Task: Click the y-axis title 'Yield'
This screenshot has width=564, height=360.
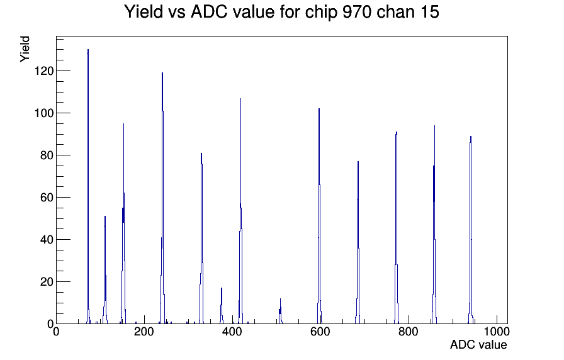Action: (x=25, y=49)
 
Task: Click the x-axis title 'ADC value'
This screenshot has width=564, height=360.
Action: (x=478, y=344)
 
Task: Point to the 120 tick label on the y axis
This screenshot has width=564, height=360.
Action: (x=43, y=71)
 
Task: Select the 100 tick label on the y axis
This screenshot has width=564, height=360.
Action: (x=43, y=113)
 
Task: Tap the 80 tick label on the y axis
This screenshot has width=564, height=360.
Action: (x=47, y=155)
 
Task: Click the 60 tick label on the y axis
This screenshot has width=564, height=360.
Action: (x=47, y=198)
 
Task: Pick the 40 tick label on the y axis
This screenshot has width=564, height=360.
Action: (x=47, y=240)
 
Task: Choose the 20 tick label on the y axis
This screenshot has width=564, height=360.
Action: (x=47, y=281)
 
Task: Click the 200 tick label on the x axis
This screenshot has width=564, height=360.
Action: (x=144, y=331)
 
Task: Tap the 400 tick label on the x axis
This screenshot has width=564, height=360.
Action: (x=232, y=331)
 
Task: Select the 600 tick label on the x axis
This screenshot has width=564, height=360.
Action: (x=320, y=331)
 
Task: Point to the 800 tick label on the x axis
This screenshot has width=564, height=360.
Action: (x=409, y=331)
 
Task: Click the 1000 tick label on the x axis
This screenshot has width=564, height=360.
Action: (x=497, y=331)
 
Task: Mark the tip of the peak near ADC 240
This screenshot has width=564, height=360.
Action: (x=162, y=72)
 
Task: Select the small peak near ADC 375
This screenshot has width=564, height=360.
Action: (x=222, y=306)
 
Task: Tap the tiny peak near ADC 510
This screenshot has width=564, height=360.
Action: (x=280, y=311)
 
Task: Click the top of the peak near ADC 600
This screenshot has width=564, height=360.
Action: (x=319, y=109)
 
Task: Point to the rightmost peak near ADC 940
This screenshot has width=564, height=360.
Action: (x=470, y=230)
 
